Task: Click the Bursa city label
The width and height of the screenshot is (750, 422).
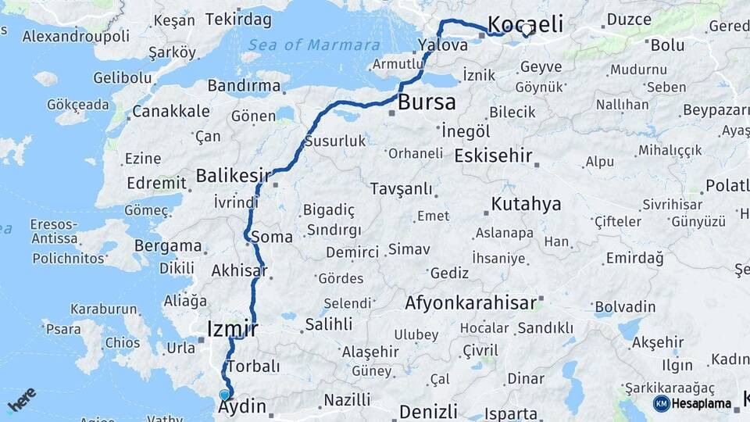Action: pyautogui.click(x=427, y=102)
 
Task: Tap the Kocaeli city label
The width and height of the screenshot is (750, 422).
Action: pyautogui.click(x=525, y=23)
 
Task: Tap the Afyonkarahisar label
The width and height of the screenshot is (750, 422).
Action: pyautogui.click(x=471, y=302)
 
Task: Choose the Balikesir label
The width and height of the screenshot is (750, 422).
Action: pyautogui.click(x=233, y=175)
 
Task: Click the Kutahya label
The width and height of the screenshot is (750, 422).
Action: pyautogui.click(x=526, y=204)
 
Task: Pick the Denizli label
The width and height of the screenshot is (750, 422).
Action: pyautogui.click(x=427, y=411)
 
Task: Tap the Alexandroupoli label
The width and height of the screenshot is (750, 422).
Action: pyautogui.click(x=76, y=36)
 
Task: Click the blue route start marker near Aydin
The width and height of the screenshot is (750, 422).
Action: pyautogui.click(x=225, y=395)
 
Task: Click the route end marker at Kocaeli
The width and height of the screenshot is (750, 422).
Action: pyautogui.click(x=526, y=30)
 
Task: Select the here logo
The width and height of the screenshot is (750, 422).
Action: pyautogui.click(x=23, y=400)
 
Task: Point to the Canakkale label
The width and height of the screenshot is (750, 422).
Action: pyautogui.click(x=170, y=112)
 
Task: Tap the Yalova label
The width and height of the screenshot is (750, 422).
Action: pyautogui.click(x=443, y=45)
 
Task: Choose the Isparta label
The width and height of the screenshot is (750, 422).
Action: pyautogui.click(x=511, y=413)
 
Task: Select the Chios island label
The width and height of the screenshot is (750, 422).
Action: pyautogui.click(x=123, y=342)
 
